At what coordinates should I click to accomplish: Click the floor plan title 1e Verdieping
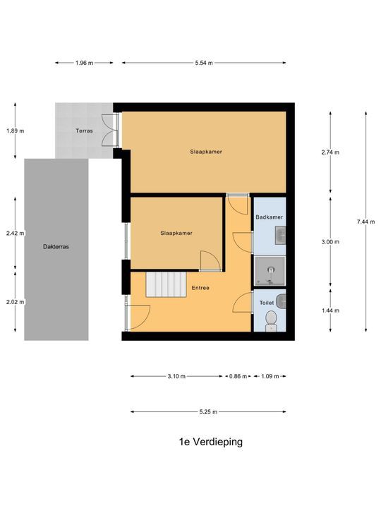tap(210, 442)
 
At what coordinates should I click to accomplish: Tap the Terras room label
tap(85, 131)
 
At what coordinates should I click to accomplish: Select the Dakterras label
tap(56, 247)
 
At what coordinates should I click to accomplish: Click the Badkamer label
tap(269, 217)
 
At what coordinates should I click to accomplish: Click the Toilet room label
tap(266, 303)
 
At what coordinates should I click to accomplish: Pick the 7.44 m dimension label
tap(366, 222)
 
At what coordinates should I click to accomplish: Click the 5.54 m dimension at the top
tap(205, 63)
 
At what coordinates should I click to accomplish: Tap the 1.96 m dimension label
tap(84, 63)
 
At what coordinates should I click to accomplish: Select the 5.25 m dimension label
tap(208, 411)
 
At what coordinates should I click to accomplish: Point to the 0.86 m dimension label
tap(238, 376)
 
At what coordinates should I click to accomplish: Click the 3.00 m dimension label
tap(329, 242)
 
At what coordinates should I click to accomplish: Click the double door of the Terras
tap(109, 131)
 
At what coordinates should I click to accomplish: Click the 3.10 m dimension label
tap(176, 376)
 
